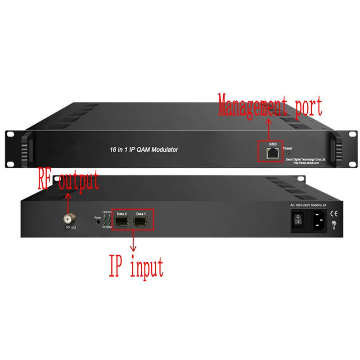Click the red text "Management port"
[270, 107]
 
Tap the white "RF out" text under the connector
[70, 228]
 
